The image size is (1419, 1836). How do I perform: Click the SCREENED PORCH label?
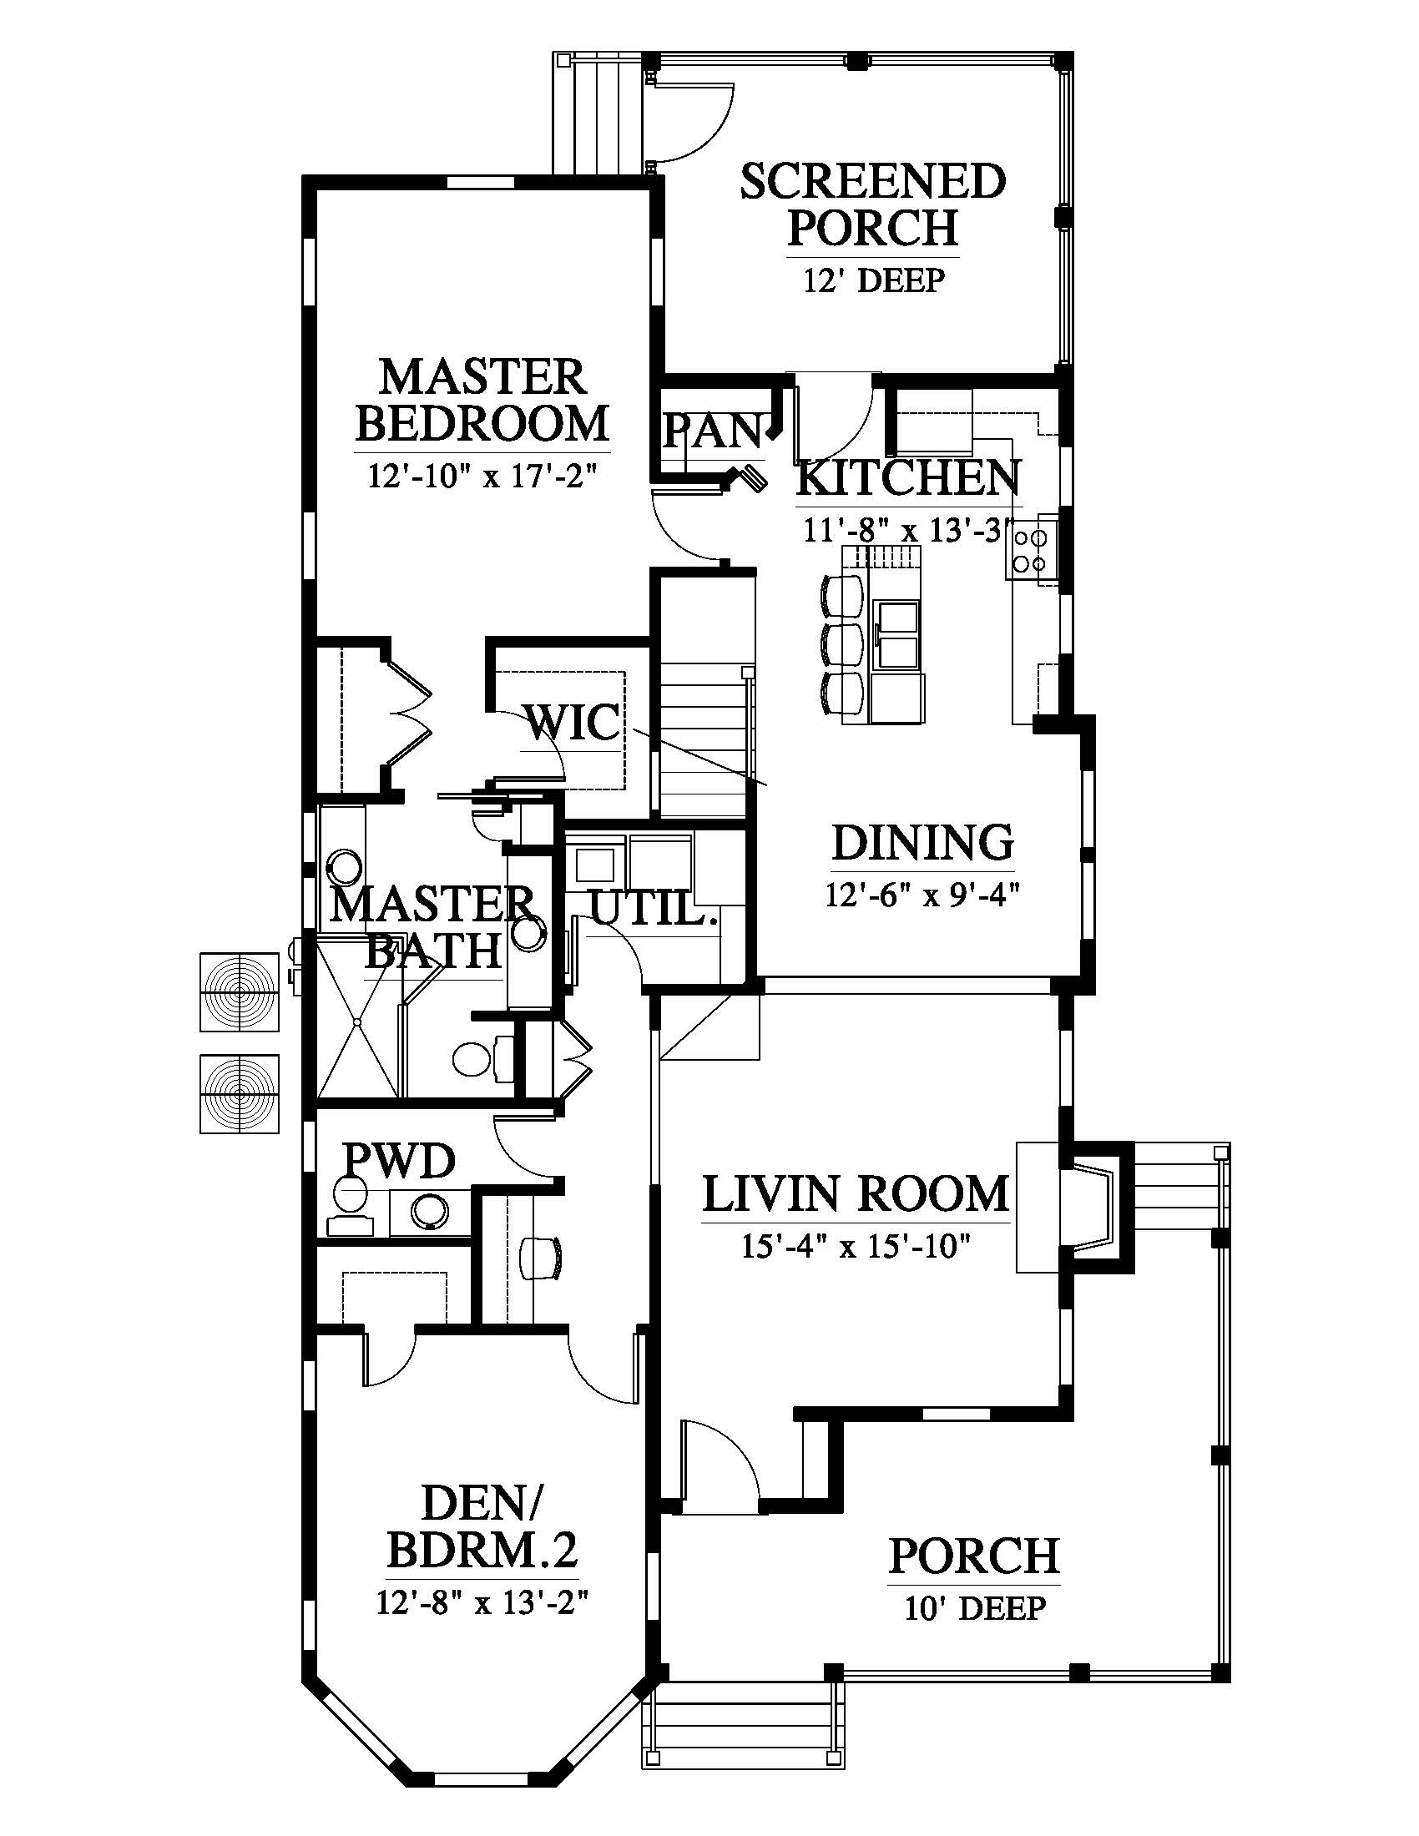coord(873,204)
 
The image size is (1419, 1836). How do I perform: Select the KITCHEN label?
coord(908,477)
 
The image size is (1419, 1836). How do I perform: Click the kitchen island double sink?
coord(897,635)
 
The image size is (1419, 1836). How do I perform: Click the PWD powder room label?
coord(399,1160)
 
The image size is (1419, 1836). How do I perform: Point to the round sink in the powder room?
coord(430,1212)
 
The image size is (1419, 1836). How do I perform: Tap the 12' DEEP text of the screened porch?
coord(874,280)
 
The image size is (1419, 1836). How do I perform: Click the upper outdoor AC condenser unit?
coord(240,992)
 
